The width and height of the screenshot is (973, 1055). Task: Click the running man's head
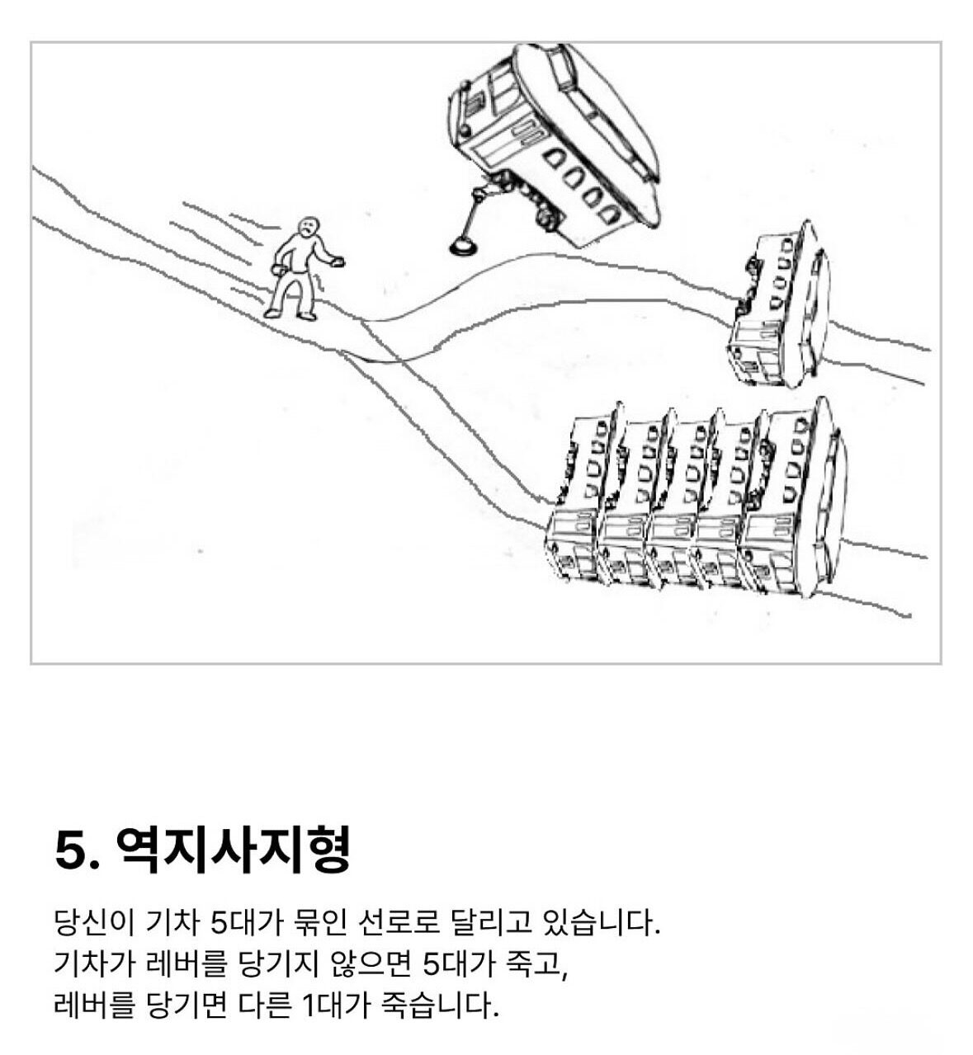point(309,227)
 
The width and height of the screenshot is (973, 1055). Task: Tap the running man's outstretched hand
point(337,261)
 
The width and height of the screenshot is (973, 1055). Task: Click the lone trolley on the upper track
point(779,304)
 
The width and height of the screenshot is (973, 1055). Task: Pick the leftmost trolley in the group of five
point(582,495)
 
